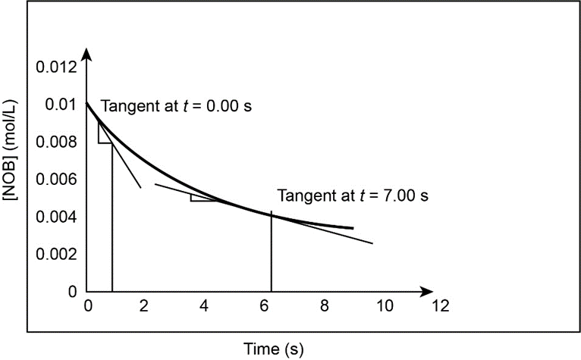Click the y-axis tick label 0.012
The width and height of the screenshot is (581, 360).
pos(56,67)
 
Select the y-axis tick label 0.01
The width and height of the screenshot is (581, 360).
pos(61,104)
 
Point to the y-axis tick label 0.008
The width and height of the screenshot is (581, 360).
pos(56,142)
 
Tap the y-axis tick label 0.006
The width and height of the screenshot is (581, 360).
pos(56,180)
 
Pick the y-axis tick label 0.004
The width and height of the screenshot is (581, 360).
pos(56,217)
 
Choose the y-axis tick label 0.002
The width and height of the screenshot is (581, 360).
pos(56,255)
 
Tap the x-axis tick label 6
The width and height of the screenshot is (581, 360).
pos(263,306)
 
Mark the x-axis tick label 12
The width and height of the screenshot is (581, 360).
pos(439,306)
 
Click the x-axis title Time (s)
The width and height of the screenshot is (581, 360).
pos(274,348)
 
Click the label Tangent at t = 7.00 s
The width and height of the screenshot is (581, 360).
pos(353,196)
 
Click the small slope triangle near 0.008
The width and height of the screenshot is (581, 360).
pos(104,134)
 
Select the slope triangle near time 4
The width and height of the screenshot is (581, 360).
pos(202,198)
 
